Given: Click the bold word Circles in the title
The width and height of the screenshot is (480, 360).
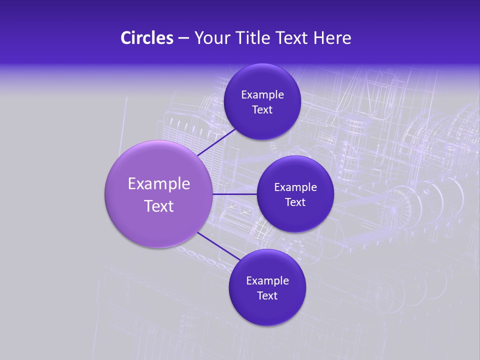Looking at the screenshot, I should [x=147, y=38].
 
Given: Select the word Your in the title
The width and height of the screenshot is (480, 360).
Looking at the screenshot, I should [x=211, y=38].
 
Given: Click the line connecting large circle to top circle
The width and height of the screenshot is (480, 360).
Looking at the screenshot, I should [x=217, y=142].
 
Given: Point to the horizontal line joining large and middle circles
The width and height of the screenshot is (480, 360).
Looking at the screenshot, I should [x=234, y=194].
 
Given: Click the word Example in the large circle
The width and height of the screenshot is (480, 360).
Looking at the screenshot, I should [x=159, y=184].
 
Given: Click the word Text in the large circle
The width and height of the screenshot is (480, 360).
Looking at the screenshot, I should [x=159, y=206].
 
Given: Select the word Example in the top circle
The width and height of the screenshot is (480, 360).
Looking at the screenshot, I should [x=262, y=95].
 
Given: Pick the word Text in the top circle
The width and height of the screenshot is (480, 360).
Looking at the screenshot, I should [x=262, y=110].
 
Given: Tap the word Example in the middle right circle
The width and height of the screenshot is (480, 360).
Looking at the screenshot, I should [x=295, y=187].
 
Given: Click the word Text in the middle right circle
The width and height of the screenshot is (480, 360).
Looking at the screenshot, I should [x=295, y=202].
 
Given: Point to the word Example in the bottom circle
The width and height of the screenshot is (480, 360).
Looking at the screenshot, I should [x=267, y=281].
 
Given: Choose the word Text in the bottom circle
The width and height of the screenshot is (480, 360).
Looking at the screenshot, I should [x=267, y=296].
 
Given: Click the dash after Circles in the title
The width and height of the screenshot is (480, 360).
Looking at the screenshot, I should [x=183, y=38].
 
